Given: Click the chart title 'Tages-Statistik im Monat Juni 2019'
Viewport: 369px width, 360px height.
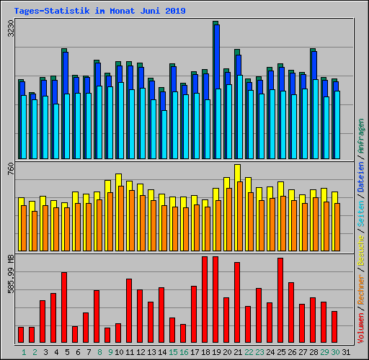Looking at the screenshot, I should tap(99, 11).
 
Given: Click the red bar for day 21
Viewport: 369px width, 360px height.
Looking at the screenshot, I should tap(237, 302).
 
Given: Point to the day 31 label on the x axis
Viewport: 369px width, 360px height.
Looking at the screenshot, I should tap(346, 352).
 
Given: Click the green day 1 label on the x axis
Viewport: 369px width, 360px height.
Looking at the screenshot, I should tap(24, 352).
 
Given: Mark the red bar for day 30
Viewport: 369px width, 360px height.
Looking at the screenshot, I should tap(334, 327).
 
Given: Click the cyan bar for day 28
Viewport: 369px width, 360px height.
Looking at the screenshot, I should tap(316, 119).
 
